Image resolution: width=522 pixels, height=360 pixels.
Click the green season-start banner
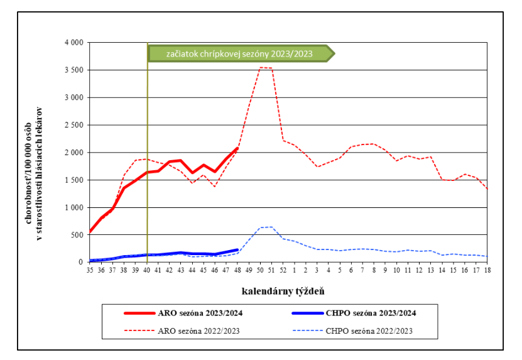pos(239,53)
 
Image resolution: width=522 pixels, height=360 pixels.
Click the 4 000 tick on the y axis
pos(74,43)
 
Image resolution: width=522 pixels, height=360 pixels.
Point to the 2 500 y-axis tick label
pos(74,125)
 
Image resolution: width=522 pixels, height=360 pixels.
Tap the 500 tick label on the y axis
pos(77,235)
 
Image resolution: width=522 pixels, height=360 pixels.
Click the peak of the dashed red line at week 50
pos(260,67)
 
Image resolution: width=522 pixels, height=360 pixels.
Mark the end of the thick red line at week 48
pos(237,148)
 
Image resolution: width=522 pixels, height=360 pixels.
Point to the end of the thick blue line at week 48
pos(237,249)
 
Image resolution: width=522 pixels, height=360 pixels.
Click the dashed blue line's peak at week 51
pos(271,227)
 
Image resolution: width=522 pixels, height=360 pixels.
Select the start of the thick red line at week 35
pos(90,232)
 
